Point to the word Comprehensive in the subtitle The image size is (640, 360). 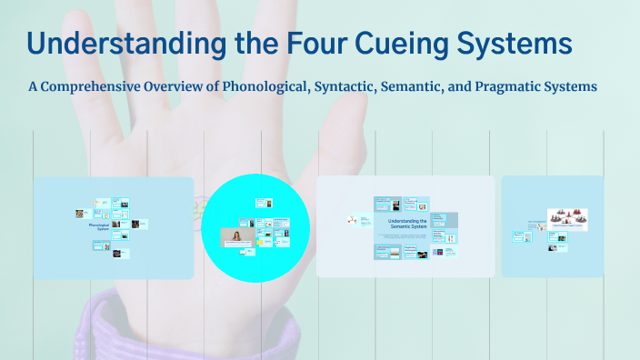118,87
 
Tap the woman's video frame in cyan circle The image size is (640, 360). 235,237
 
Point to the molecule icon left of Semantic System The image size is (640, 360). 350,219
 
